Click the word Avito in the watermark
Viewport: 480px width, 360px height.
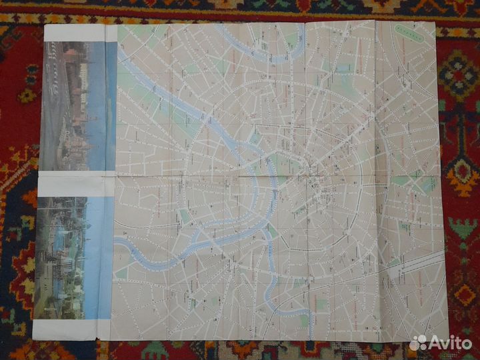click(x=451, y=342)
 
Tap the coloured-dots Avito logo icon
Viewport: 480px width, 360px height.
click(x=419, y=342)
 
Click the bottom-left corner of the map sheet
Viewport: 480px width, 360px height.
click(x=33, y=339)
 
